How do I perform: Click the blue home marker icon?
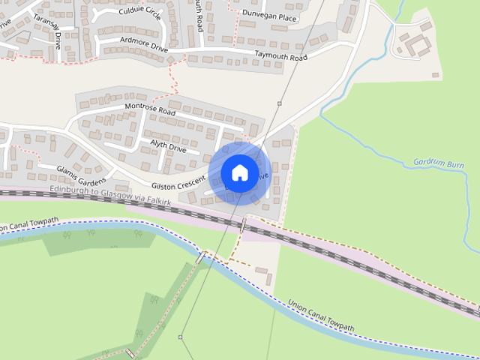point(239,173)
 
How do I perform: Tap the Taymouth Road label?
point(281,57)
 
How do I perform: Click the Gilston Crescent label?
point(178,183)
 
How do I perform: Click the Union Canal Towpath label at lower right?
point(321,316)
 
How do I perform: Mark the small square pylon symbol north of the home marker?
point(280,103)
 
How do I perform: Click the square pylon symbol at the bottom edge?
point(180,337)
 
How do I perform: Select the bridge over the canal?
point(200,257)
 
